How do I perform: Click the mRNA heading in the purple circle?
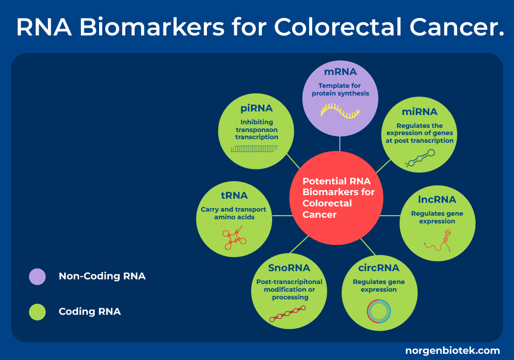(340, 71)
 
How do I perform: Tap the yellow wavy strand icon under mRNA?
(340, 110)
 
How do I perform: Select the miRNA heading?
(420, 111)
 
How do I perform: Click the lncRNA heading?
(437, 199)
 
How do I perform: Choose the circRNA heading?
(378, 268)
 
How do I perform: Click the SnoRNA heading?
(289, 268)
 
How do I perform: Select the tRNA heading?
(234, 195)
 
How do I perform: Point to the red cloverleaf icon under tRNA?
(234, 239)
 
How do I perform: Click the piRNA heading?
(256, 108)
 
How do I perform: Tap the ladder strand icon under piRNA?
(255, 148)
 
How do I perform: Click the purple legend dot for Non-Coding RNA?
(37, 276)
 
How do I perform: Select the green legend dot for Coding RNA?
(37, 312)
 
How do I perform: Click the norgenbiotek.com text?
(452, 351)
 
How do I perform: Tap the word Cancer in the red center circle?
(319, 214)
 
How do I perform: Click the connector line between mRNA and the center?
(340, 143)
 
